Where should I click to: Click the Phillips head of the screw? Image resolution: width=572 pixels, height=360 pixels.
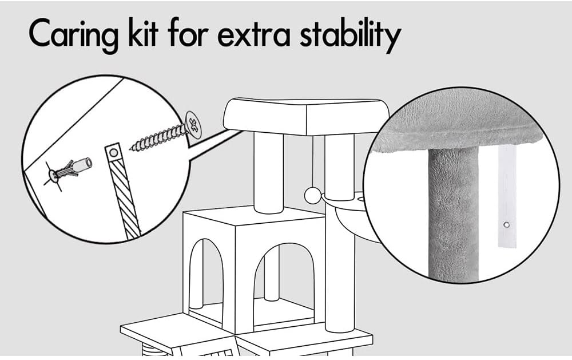[x=193, y=124]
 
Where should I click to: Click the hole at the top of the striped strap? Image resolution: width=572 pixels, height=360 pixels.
[x=112, y=153]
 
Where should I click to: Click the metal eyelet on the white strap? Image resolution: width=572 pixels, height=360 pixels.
[x=506, y=225]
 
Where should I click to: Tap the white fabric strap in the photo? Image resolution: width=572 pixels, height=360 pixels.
[x=507, y=195]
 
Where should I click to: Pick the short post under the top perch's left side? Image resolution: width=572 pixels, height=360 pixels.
[x=269, y=172]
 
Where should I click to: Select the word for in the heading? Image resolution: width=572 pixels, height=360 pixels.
[x=188, y=35]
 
